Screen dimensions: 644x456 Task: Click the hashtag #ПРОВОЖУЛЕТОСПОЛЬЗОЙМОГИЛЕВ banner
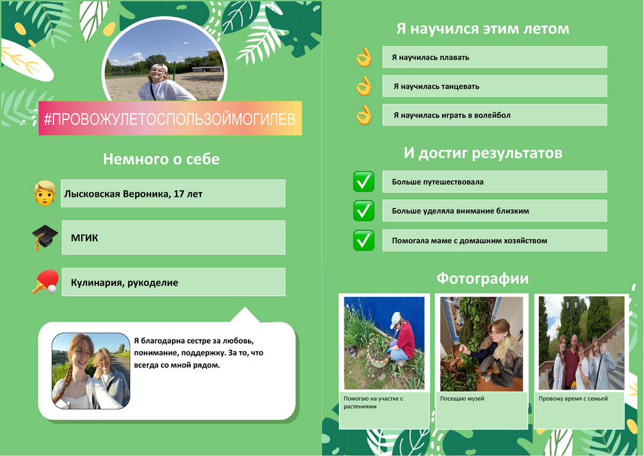click(x=170, y=119)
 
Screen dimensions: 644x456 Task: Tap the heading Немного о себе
click(x=161, y=159)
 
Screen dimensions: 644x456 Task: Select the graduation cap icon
click(x=45, y=237)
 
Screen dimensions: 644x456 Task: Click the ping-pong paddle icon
click(x=46, y=282)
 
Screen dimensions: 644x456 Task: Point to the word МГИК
click(x=84, y=237)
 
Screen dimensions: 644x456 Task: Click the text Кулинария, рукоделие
click(x=124, y=283)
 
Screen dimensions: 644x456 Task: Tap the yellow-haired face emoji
click(x=45, y=193)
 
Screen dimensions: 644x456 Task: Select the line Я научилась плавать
click(x=430, y=57)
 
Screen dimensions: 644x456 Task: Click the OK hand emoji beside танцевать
click(x=364, y=86)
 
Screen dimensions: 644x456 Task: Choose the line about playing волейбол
click(x=452, y=115)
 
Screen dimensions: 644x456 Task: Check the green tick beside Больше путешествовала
click(x=363, y=182)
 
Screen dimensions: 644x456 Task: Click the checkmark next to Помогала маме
click(x=363, y=241)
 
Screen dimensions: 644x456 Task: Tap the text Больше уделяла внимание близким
click(x=460, y=211)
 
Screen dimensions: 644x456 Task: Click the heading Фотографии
click(x=482, y=279)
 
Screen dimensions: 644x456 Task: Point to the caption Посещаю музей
click(x=462, y=399)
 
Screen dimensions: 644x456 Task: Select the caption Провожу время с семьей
click(x=573, y=399)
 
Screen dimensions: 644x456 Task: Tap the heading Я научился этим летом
click(x=482, y=29)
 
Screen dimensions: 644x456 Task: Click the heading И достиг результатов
click(x=482, y=153)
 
